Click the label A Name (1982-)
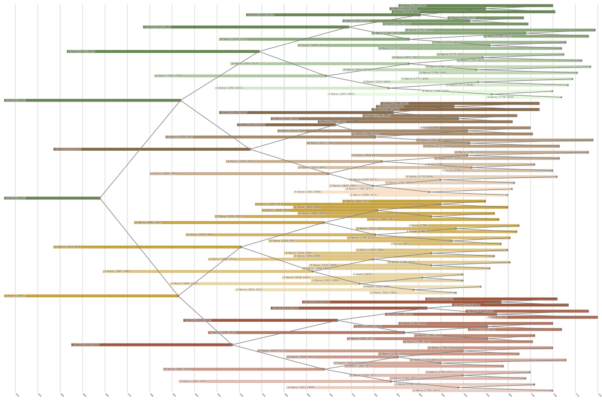(15, 198)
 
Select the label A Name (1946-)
(15, 100)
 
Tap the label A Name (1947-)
(15, 296)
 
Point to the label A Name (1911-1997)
(81, 52)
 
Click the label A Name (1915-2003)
(68, 149)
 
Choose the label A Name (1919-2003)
(68, 247)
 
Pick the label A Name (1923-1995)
(86, 345)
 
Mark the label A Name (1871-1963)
(157, 27)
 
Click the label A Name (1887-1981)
(117, 271)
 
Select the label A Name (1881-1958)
(169, 76)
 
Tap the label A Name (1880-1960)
(164, 174)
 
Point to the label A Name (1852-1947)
(193, 381)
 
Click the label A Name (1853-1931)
(229, 88)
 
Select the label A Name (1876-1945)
(198, 320)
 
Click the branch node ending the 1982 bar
(100, 198)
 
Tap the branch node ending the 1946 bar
(181, 100)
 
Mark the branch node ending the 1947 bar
(178, 296)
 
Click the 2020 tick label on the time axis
(17, 395)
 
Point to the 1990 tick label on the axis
(84, 395)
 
